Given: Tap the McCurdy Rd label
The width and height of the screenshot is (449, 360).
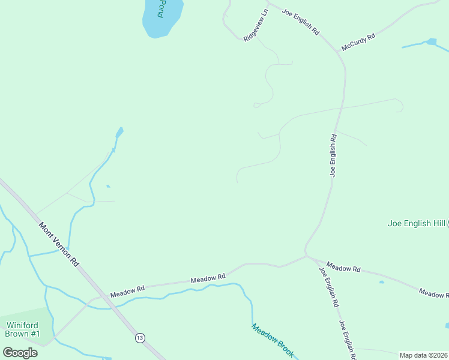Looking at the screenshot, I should tap(358, 41).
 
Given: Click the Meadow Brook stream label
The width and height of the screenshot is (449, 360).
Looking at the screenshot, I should tap(273, 341).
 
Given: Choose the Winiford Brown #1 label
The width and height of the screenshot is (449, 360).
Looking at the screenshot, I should tap(23, 329).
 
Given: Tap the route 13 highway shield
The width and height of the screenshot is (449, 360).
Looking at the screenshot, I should tap(140, 337).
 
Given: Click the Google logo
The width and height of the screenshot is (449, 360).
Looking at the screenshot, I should tap(20, 352).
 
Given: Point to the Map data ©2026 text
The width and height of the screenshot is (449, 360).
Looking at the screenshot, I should tap(424, 355).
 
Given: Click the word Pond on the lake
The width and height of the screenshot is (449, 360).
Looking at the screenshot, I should tap(161, 8).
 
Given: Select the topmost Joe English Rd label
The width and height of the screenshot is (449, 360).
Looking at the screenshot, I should tap(300, 22).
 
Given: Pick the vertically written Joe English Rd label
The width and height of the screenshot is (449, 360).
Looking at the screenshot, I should tap(333, 155).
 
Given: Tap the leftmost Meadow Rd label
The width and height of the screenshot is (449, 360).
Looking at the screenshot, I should tap(128, 292).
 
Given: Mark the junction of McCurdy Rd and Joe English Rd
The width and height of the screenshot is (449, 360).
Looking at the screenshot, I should tap(338, 51).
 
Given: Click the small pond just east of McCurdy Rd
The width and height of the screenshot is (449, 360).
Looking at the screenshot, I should tap(430, 41).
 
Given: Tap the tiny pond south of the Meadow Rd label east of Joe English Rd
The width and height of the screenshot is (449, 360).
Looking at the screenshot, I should tap(381, 281).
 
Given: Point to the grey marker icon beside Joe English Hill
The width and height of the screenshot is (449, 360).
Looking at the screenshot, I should tap(447, 223).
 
